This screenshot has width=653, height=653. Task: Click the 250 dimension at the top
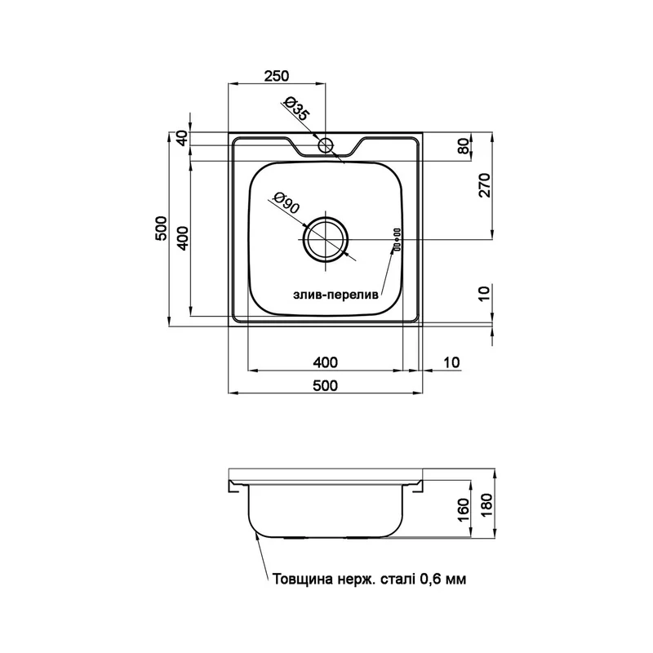277,76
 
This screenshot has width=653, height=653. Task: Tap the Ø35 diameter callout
296,109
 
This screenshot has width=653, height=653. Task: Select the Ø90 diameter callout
287,202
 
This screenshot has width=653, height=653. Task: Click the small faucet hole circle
325,145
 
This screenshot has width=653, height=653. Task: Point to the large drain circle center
326,239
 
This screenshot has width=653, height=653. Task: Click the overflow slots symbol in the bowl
397,239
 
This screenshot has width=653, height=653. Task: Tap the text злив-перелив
336,295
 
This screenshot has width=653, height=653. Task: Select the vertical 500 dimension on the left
161,229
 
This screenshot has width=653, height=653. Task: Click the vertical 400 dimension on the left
183,238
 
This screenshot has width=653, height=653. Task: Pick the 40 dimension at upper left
182,138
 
